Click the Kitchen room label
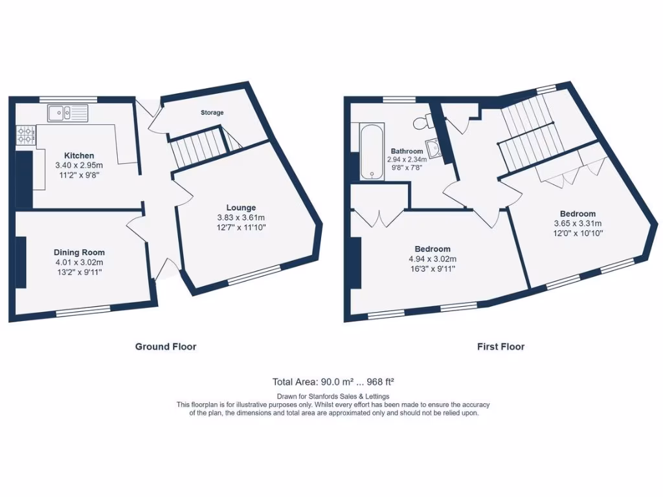click(x=79, y=155)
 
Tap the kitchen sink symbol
click(x=67, y=114)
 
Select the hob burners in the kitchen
click(x=26, y=135)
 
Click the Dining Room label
click(x=79, y=252)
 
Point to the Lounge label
click(x=241, y=208)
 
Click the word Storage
click(x=212, y=113)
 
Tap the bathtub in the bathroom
click(x=372, y=151)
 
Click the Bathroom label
click(x=407, y=151)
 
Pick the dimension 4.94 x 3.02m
click(x=433, y=259)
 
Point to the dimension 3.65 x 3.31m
click(x=578, y=223)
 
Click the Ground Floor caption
click(x=165, y=347)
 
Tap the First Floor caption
click(x=500, y=347)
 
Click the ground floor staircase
click(x=196, y=148)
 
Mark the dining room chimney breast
click(x=21, y=262)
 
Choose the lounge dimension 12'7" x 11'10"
click(x=241, y=227)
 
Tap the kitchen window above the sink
click(x=68, y=99)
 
